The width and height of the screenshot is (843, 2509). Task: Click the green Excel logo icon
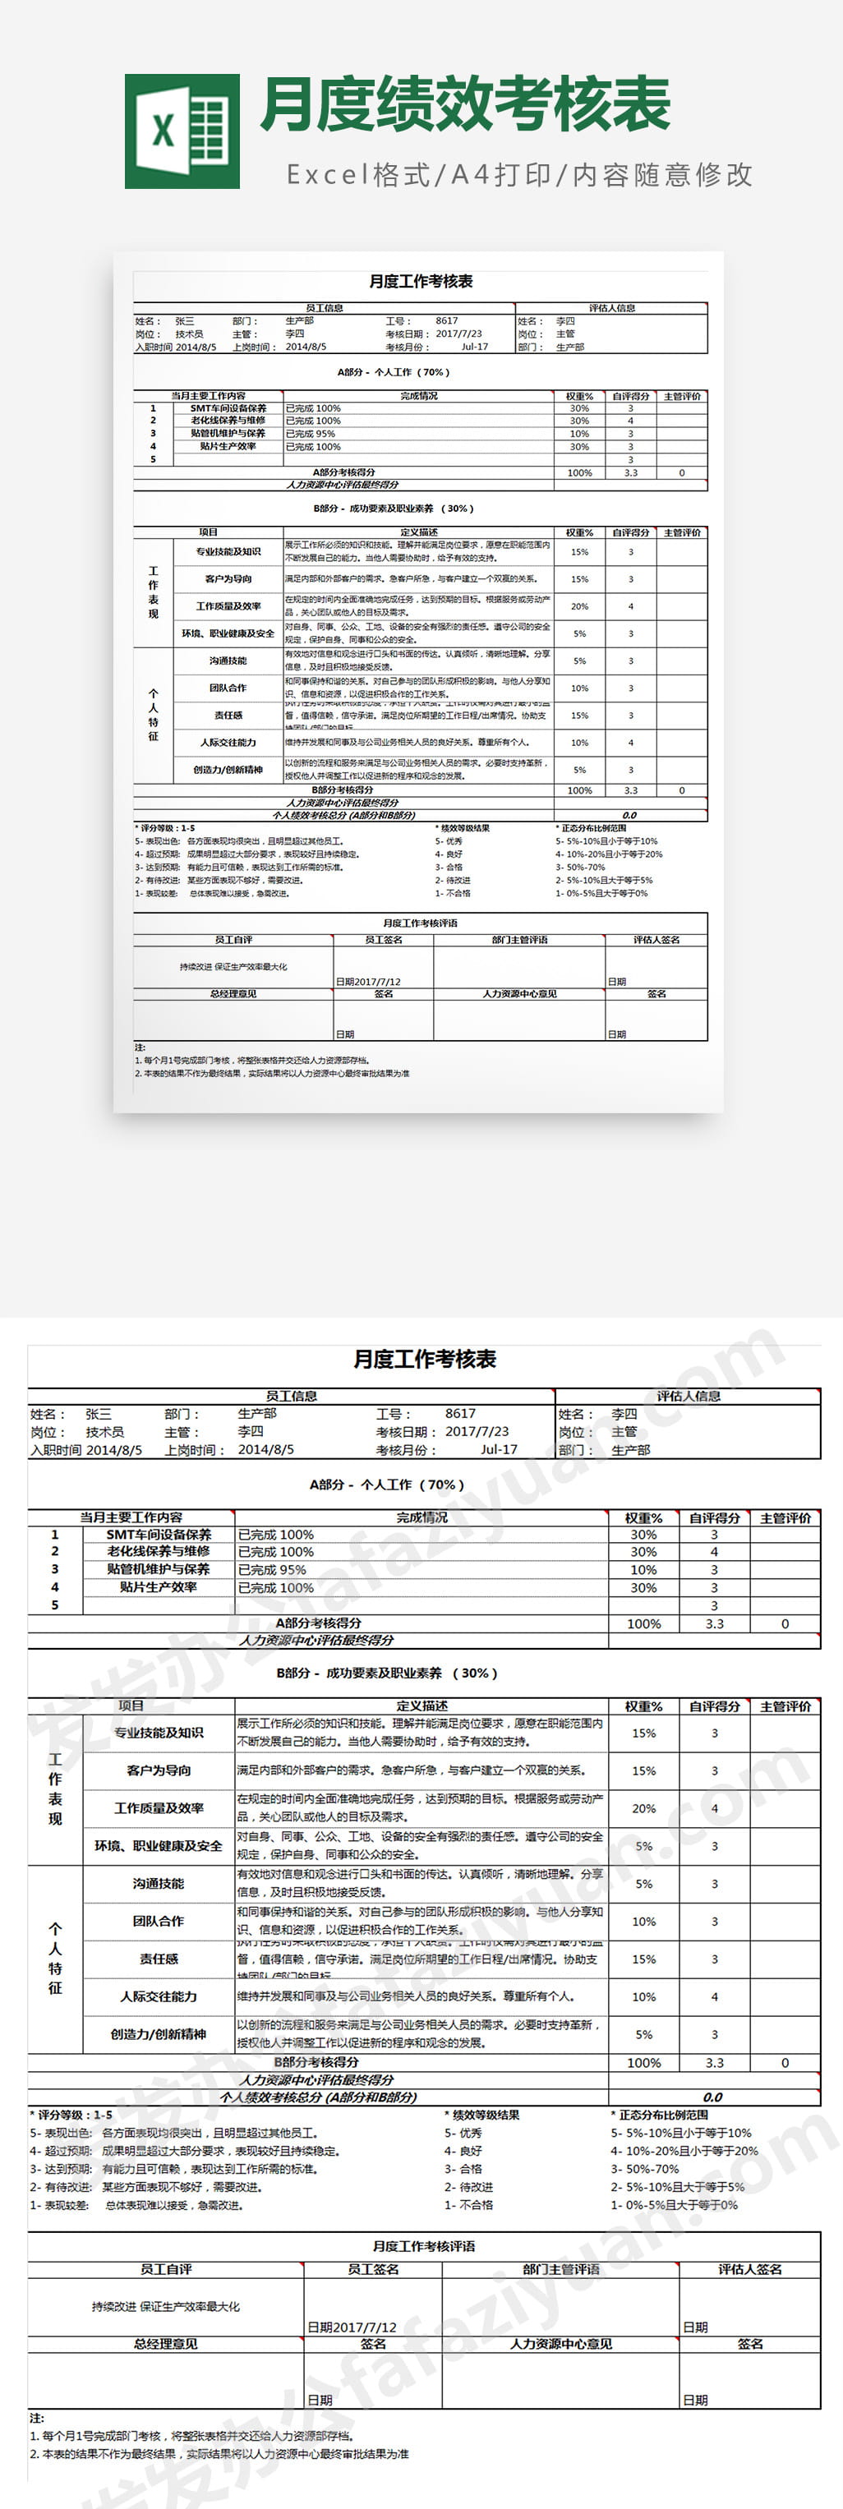pyautogui.click(x=182, y=131)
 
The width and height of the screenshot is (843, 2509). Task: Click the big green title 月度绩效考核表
pyautogui.click(x=465, y=104)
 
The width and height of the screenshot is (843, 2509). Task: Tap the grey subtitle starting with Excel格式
pyautogui.click(x=518, y=175)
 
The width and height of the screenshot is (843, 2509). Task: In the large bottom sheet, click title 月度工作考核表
pyautogui.click(x=424, y=1359)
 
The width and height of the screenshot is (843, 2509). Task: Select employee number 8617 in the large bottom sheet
pyautogui.click(x=460, y=1413)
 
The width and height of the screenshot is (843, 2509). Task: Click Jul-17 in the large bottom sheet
pyautogui.click(x=498, y=1449)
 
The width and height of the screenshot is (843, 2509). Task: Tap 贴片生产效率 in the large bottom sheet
pyautogui.click(x=158, y=1586)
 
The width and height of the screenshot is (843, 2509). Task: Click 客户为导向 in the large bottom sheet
pyautogui.click(x=158, y=1770)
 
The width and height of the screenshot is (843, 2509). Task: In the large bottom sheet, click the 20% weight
pyautogui.click(x=643, y=1807)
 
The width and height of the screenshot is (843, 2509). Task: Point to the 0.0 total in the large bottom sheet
pyautogui.click(x=712, y=2097)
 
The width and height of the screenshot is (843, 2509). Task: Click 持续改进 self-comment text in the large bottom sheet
pyautogui.click(x=166, y=2306)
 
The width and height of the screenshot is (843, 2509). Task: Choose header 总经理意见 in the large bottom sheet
pyautogui.click(x=166, y=2343)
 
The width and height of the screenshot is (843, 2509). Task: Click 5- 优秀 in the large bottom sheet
pyautogui.click(x=463, y=2133)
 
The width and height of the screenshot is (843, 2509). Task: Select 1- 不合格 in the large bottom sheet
pyautogui.click(x=469, y=2205)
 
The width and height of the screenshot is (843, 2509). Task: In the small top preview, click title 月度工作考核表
pyautogui.click(x=421, y=282)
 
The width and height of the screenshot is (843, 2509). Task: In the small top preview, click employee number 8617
pyautogui.click(x=446, y=320)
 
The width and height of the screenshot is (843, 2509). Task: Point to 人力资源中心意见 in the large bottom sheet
pyautogui.click(x=560, y=2343)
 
